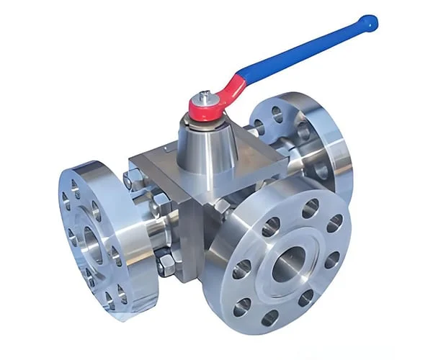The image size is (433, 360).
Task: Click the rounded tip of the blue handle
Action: [x=369, y=22]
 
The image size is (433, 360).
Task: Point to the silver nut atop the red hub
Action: [x=205, y=96]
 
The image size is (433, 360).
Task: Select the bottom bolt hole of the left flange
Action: [x=110, y=297]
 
